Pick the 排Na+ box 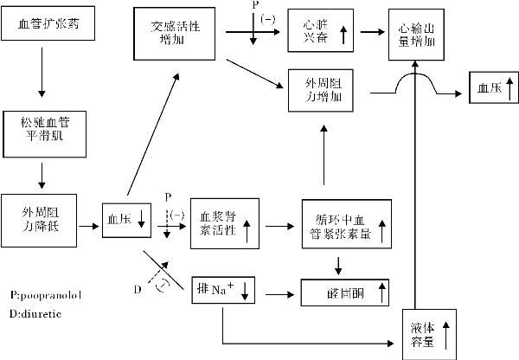[223, 288]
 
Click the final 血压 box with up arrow [491, 87]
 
